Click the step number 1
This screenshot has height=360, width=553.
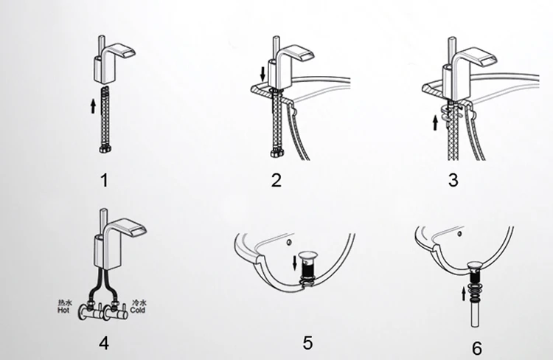(104, 180)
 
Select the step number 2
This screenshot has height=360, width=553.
(276, 180)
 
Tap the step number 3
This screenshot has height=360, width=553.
(453, 180)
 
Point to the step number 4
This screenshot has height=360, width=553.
(104, 343)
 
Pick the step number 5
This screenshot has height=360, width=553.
(307, 343)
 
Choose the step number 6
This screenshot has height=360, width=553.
(477, 348)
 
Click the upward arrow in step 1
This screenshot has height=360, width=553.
(93, 106)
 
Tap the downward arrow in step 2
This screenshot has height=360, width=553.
(262, 74)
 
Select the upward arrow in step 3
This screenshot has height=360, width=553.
(435, 122)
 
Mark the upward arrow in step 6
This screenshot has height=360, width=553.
(464, 294)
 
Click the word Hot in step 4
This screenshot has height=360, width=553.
(63, 311)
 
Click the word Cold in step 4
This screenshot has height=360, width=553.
(138, 310)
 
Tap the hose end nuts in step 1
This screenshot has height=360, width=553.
(105, 149)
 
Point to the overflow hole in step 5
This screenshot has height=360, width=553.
(289, 242)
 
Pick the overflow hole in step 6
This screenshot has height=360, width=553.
(459, 233)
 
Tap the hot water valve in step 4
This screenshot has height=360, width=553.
(91, 311)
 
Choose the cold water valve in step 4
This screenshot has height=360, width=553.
(115, 311)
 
